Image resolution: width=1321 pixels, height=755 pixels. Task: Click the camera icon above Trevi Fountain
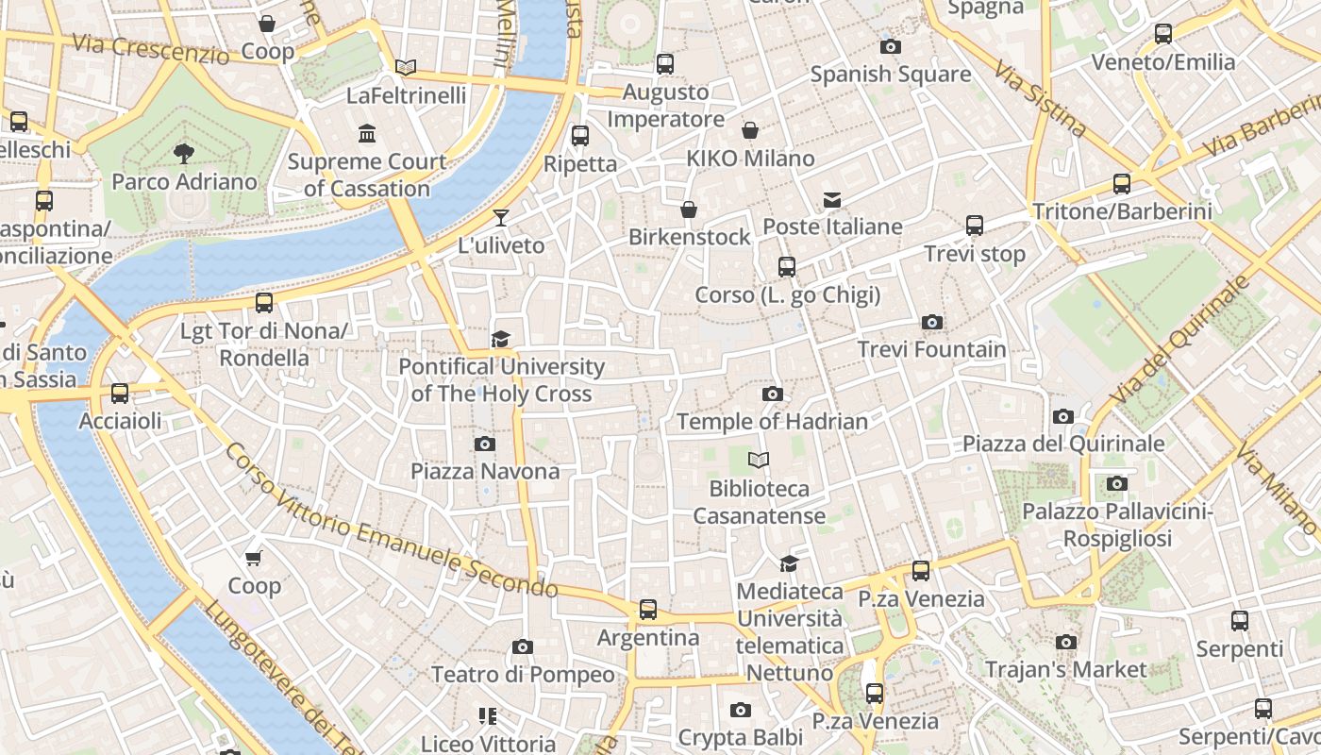[932, 323]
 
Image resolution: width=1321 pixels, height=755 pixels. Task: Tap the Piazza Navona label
[484, 471]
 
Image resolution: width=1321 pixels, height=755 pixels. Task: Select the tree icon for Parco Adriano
[184, 152]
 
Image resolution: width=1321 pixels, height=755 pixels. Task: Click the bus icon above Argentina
[647, 610]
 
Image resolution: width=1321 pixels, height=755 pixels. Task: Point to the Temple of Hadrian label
[772, 422]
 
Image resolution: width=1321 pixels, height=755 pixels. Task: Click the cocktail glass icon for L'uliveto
[501, 218]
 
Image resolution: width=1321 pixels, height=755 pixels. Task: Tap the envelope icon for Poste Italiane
[831, 199]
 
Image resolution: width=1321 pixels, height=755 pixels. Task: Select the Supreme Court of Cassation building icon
[366, 133]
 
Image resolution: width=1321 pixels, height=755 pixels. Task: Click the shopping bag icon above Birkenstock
[689, 210]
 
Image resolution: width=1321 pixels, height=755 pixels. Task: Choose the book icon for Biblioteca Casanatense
[759, 461]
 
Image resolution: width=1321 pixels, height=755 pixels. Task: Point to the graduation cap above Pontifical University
[500, 339]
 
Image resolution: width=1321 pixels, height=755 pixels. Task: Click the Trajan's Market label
[1065, 670]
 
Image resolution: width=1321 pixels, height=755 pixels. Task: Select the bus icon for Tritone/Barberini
[1121, 184]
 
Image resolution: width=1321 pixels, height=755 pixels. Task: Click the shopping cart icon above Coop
[254, 559]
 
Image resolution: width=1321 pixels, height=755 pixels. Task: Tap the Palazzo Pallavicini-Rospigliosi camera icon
[1117, 484]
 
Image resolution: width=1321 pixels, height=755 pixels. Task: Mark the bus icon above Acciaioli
[120, 394]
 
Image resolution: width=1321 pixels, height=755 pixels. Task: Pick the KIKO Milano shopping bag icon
[750, 130]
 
